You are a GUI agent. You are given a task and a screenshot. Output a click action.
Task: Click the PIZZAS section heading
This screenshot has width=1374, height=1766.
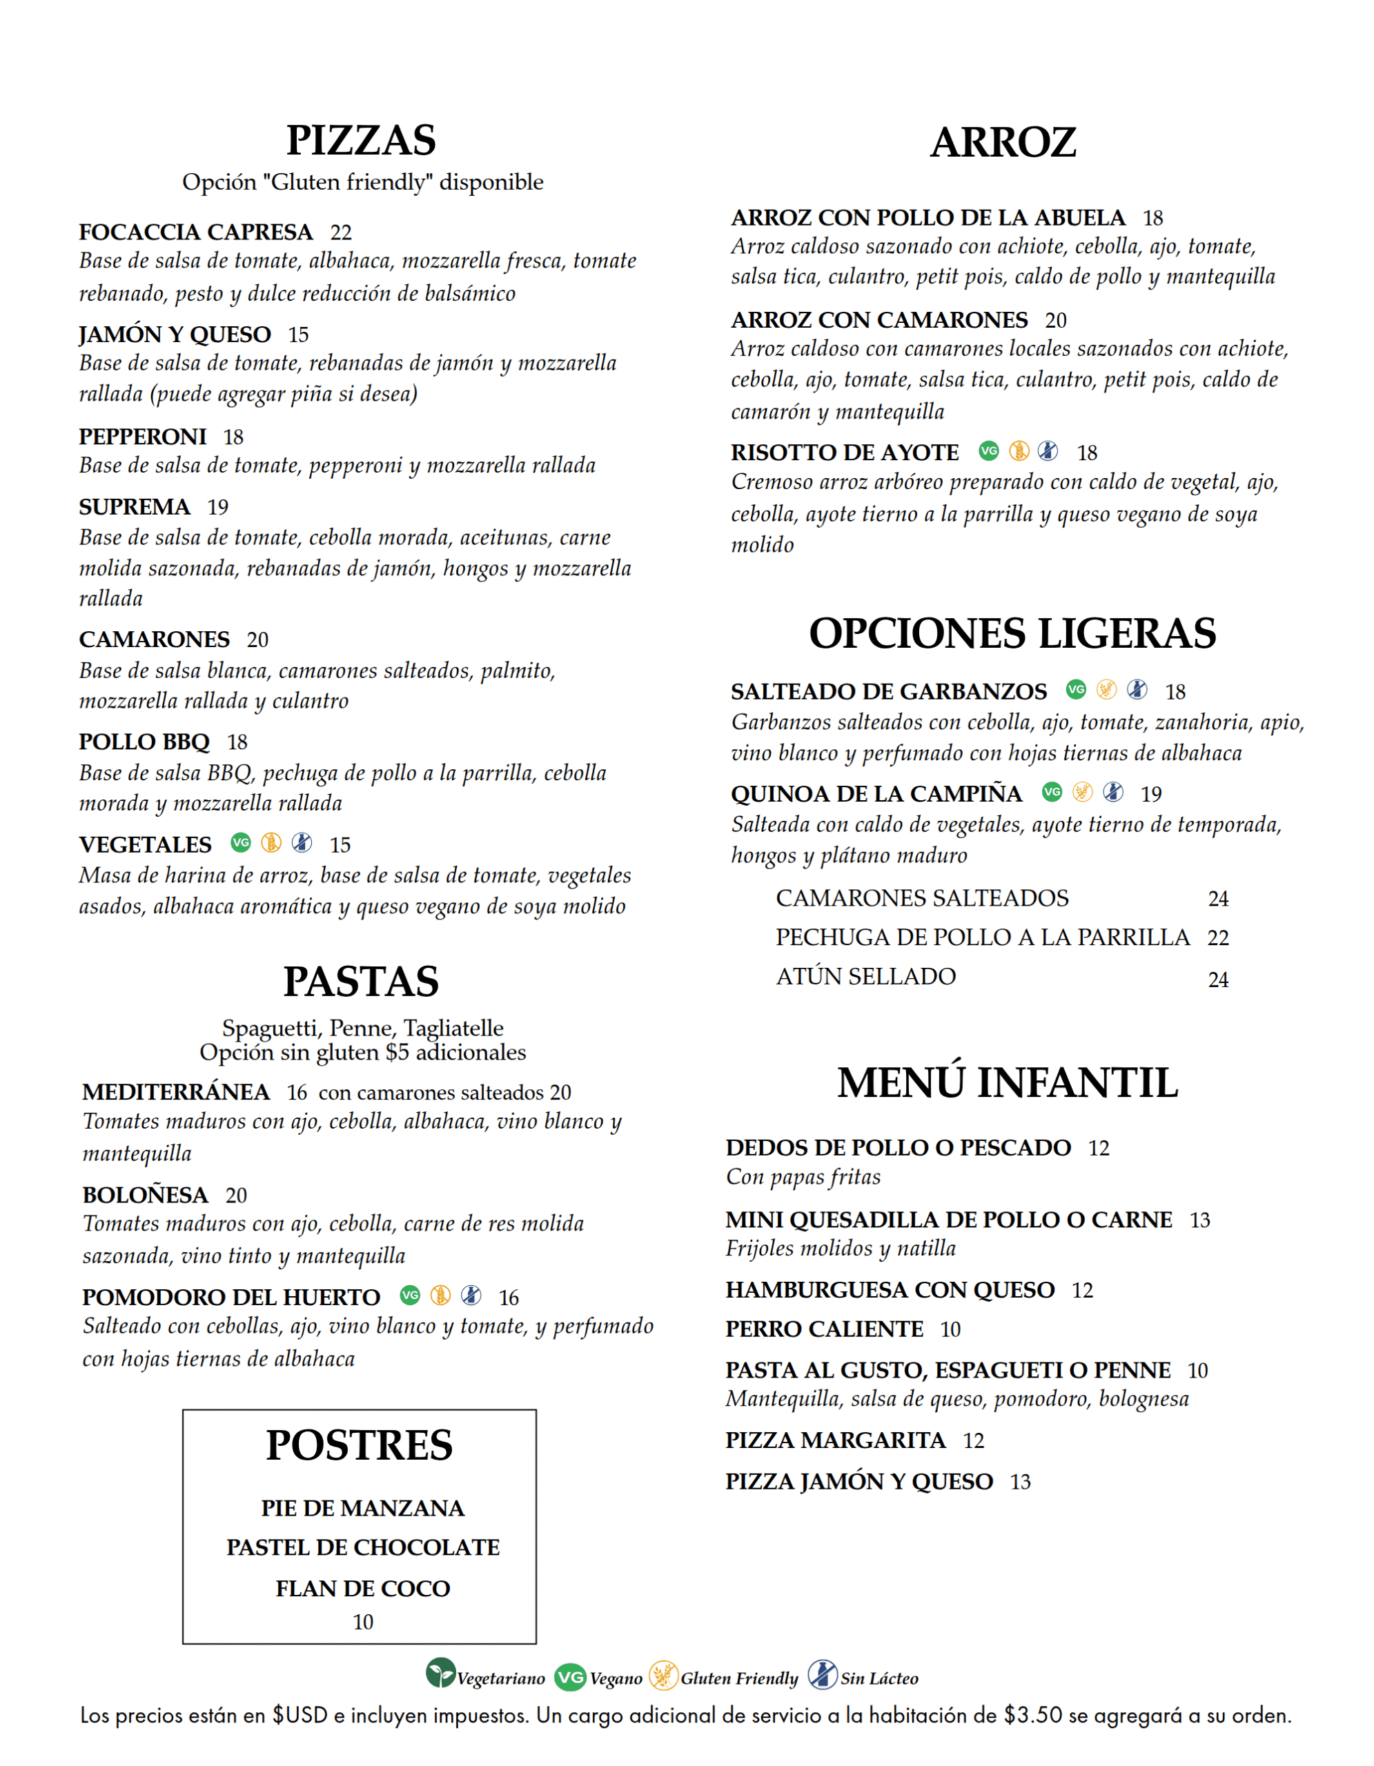tap(361, 141)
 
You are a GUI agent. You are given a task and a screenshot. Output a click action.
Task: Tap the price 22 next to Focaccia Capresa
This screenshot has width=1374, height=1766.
tap(340, 233)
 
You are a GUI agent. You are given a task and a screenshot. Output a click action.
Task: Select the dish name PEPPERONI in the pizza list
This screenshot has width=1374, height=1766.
tap(142, 437)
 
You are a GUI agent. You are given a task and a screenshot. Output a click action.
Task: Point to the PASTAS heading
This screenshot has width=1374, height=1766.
tap(361, 982)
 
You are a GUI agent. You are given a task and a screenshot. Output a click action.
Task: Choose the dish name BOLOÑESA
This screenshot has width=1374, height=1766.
tap(146, 1194)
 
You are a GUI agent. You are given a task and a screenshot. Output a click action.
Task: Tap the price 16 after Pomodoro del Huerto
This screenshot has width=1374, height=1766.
tap(509, 1298)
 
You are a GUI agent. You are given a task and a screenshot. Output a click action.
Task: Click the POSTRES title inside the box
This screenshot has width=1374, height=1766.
tap(359, 1445)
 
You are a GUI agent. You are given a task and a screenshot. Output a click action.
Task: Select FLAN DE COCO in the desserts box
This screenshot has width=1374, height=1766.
tap(362, 1588)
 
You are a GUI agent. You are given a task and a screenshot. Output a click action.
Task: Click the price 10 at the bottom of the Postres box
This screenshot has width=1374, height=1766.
tap(362, 1622)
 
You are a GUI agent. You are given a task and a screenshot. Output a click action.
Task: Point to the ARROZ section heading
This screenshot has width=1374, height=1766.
tap(1003, 142)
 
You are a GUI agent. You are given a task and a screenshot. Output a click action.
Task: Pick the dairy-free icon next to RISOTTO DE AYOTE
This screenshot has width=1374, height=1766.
tap(1048, 450)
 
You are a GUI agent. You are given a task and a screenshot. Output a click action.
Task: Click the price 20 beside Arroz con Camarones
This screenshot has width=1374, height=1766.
tap(1055, 320)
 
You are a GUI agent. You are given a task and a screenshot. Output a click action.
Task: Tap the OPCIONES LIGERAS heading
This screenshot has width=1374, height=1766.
tap(1012, 633)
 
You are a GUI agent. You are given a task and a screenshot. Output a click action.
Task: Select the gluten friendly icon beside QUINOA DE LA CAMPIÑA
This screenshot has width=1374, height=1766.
tap(1082, 792)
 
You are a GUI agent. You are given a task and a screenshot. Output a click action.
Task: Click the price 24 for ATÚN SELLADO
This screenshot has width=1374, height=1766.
tap(1218, 980)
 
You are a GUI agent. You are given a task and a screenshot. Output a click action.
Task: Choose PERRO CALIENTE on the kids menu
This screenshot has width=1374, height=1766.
tap(824, 1329)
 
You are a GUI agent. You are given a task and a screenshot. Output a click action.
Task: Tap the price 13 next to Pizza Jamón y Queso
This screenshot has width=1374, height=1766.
tap(1020, 1482)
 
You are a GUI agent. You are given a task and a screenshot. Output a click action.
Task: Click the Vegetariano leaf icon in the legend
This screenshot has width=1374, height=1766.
tap(441, 1673)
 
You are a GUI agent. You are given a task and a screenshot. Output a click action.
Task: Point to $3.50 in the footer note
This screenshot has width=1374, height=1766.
tap(1032, 1715)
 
